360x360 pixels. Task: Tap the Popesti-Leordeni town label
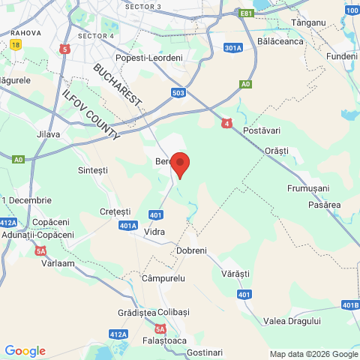coord(148,58)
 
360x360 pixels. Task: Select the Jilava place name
coord(47,135)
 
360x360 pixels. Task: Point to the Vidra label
coord(154,232)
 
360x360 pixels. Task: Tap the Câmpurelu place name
coord(163,278)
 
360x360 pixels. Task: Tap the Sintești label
coord(93,171)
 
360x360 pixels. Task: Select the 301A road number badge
coord(233,48)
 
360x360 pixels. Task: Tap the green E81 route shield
coord(245,13)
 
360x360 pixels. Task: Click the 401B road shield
coord(349,304)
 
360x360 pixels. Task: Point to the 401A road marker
coord(128,225)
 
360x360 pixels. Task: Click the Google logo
coord(25,351)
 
